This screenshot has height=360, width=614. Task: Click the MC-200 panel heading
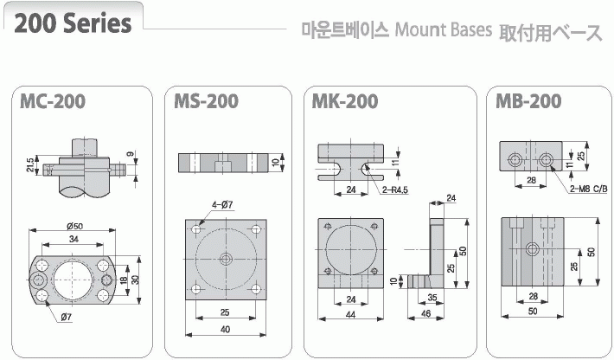coord(53,102)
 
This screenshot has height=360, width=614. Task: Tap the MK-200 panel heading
coord(345,102)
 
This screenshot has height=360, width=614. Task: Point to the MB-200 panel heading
coord(529,102)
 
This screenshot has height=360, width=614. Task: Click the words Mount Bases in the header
coord(443,31)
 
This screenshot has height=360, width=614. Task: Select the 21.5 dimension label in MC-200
coord(29,164)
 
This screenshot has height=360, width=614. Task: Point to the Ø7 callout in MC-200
coord(67,318)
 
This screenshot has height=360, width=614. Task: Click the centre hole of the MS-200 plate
coord(226,259)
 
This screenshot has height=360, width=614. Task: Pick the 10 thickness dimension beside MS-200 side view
coord(273,163)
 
